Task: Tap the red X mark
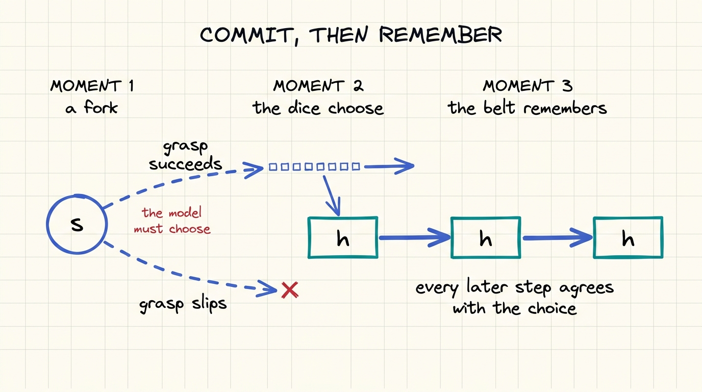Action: [x=290, y=290]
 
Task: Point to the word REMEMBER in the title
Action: [x=440, y=35]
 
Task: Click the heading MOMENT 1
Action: [x=92, y=86]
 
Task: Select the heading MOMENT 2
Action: [x=318, y=86]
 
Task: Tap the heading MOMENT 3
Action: [x=528, y=86]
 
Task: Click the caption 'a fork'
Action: [x=91, y=107]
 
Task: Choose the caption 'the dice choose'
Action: [x=318, y=108]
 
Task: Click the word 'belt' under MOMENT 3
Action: [x=499, y=108]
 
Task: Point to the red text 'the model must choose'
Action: [x=172, y=220]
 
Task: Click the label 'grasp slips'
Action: [x=183, y=304]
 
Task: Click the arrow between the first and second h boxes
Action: [x=415, y=238]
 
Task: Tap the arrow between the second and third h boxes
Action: [x=557, y=238]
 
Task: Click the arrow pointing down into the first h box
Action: [x=332, y=195]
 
